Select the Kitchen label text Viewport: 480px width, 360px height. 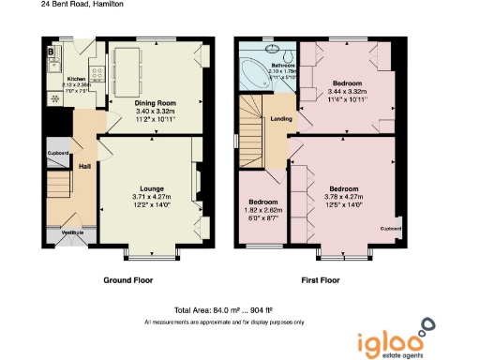[x=77, y=79]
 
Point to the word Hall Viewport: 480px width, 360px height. [x=84, y=166]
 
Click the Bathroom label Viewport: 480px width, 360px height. [x=281, y=66]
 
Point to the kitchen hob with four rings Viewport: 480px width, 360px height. [x=52, y=97]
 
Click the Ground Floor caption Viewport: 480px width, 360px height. [x=127, y=279]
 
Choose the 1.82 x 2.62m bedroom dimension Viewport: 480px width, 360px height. [x=262, y=210]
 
